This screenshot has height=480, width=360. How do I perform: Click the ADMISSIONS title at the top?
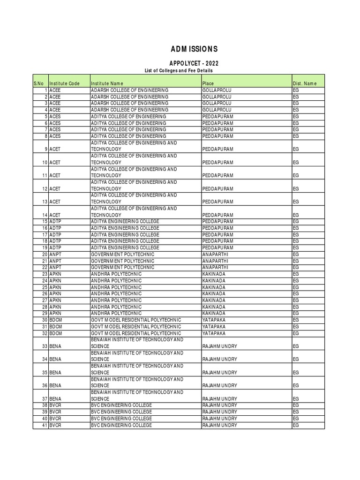[x=194, y=49]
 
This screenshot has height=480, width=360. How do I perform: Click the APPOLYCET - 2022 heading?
[x=194, y=63]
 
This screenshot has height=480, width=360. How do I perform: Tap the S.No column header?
[x=38, y=83]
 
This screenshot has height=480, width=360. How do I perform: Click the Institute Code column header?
[x=65, y=83]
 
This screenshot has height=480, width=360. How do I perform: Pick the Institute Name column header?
[x=107, y=83]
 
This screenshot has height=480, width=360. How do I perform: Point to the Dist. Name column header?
[x=305, y=83]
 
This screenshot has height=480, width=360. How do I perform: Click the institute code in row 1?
[x=55, y=90]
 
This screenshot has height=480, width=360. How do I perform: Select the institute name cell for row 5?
[x=128, y=116]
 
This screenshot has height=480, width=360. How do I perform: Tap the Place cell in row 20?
[x=215, y=254]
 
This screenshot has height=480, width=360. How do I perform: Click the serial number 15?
[x=45, y=221]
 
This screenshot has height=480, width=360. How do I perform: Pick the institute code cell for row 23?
[x=55, y=274]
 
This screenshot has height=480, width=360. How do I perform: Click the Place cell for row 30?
[x=213, y=320]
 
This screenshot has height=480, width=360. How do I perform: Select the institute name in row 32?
[x=135, y=333]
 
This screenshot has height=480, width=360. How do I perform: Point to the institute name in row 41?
[x=121, y=425]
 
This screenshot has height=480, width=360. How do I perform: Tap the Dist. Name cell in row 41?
[x=296, y=425]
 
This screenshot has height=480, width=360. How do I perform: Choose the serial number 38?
[x=45, y=405]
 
